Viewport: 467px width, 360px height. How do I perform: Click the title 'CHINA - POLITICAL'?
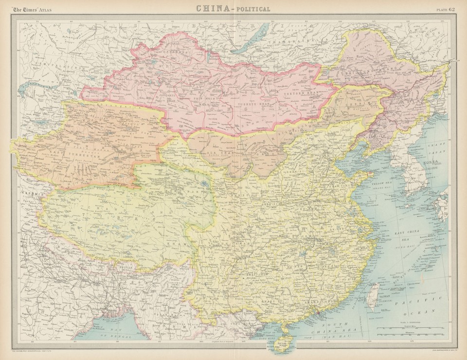(x=233, y=8)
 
